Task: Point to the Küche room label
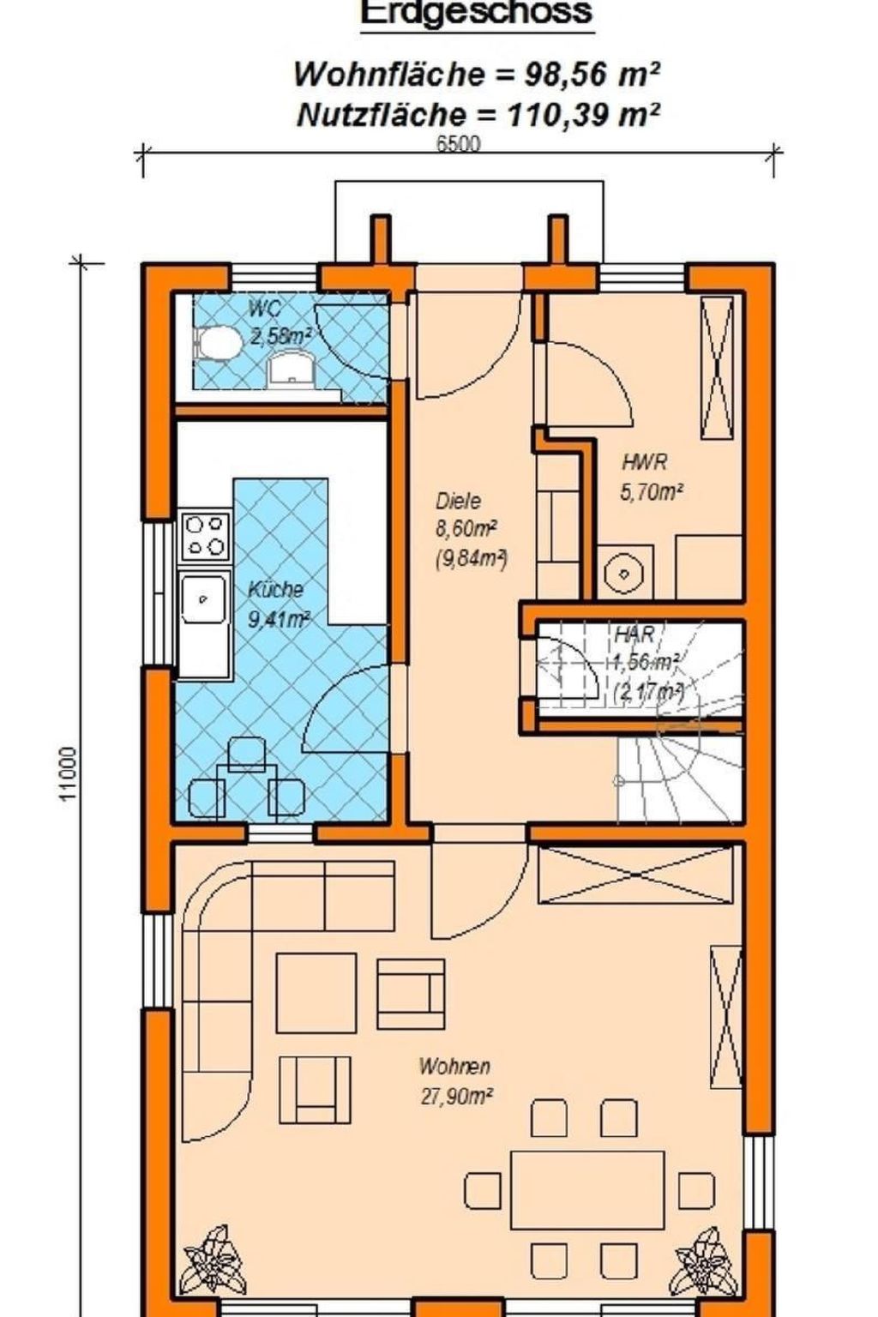click(275, 590)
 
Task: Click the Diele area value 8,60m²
click(467, 529)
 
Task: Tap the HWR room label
click(644, 463)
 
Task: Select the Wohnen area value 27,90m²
click(456, 1096)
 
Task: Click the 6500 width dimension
click(459, 144)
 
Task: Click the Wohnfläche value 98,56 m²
click(592, 75)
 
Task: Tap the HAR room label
click(634, 635)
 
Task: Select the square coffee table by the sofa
click(316, 995)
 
